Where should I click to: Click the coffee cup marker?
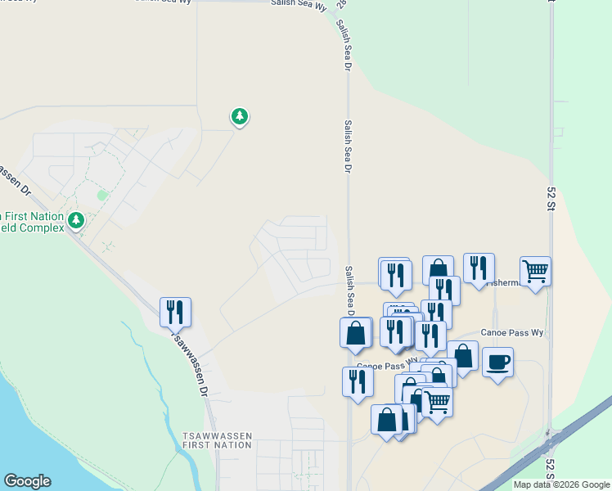[x=497, y=363]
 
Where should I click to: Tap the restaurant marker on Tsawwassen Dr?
[x=175, y=312]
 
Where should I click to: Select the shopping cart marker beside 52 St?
[x=535, y=271]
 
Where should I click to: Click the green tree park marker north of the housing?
[x=239, y=117]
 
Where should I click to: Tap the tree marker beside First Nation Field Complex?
[x=76, y=220]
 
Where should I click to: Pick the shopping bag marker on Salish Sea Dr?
[x=355, y=333]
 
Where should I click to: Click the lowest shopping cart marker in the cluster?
[x=438, y=402]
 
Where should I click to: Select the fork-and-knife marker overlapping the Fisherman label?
[x=479, y=268]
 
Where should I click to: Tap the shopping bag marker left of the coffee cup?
[x=462, y=356]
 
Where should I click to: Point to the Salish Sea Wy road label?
[x=298, y=4]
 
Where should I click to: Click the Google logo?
[x=27, y=481]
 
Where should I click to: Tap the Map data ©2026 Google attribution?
[x=560, y=484]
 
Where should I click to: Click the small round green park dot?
[x=102, y=195]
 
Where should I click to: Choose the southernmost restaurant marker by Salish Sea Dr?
[x=358, y=382]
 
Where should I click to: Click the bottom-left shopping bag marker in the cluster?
[x=386, y=419]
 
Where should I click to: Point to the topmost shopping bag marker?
[x=438, y=270]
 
